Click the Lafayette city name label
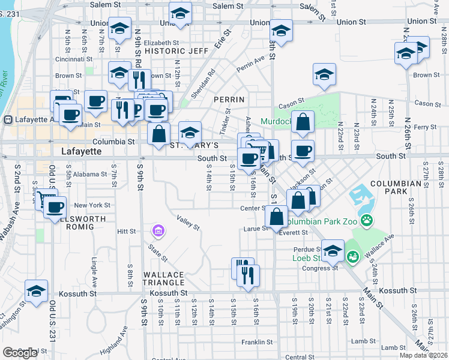pyautogui.click(x=82, y=152)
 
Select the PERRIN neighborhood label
pyautogui.click(x=229, y=99)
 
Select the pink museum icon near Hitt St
pyautogui.click(x=158, y=230)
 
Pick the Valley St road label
pyautogui.click(x=187, y=223)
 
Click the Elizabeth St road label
pyautogui.click(x=161, y=43)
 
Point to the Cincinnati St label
pyautogui.click(x=73, y=59)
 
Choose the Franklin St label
pyautogui.click(x=258, y=342)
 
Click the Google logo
pyautogui.click(x=20, y=353)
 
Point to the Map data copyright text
pyautogui.click(x=424, y=355)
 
